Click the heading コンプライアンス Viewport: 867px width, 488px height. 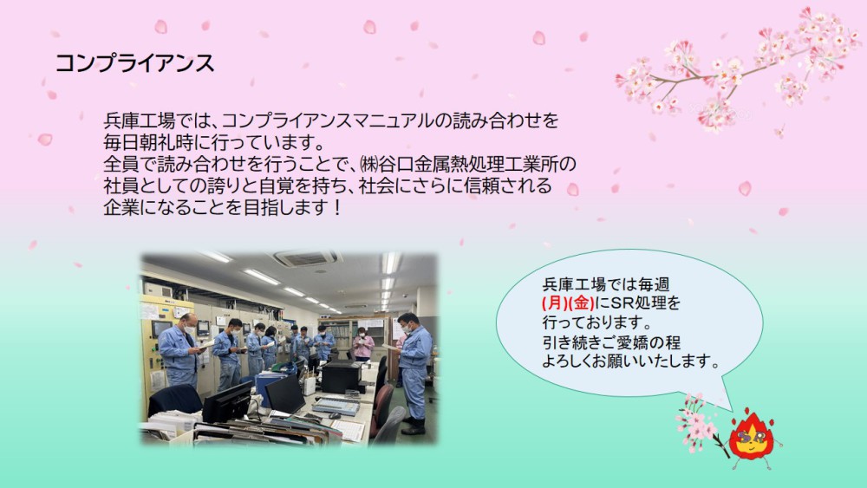(134, 63)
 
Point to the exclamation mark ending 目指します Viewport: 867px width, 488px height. (338, 208)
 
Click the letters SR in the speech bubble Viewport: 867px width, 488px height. (623, 303)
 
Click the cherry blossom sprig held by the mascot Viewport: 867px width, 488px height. (698, 423)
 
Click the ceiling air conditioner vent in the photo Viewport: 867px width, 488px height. (305, 258)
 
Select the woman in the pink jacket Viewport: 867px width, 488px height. (362, 344)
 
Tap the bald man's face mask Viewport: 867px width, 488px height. (190, 330)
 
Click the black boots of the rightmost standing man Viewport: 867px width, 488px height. (414, 426)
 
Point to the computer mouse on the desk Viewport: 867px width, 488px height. (335, 415)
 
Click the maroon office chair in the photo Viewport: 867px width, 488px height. (382, 408)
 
